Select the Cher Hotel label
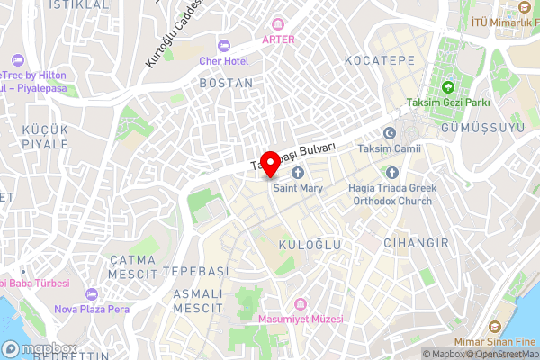[x=223, y=60]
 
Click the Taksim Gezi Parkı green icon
[x=447, y=87]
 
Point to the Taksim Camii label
[x=389, y=148]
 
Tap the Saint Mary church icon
[x=298, y=173]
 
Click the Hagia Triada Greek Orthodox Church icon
[x=391, y=173]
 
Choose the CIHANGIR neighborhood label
[x=416, y=244]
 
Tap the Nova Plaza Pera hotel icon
[x=91, y=294]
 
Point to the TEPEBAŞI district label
[x=195, y=271]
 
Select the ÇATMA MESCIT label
[x=132, y=265]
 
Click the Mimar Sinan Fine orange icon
[x=492, y=326]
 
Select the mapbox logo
[x=40, y=349]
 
